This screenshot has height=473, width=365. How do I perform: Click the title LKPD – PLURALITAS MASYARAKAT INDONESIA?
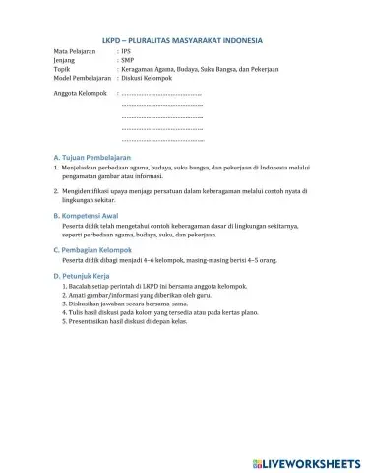coord(182,40)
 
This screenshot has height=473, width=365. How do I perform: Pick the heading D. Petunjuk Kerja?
coord(83,277)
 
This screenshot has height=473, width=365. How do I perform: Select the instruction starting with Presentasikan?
coord(144,321)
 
